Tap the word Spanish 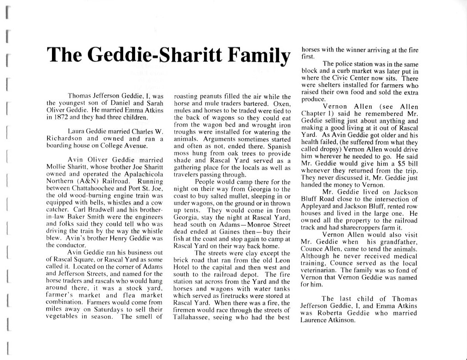pos(279,146)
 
